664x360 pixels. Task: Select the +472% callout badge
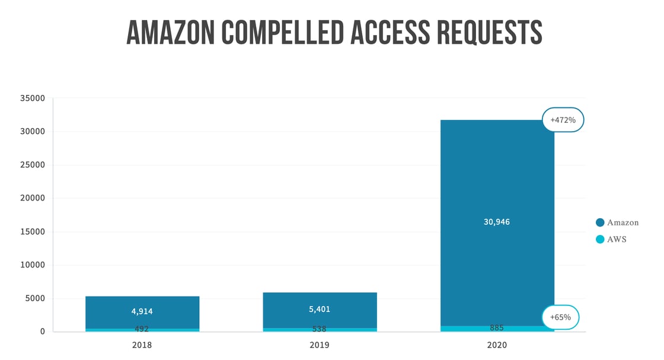(563, 120)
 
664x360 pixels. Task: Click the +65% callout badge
(560, 317)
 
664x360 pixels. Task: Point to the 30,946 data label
(497, 222)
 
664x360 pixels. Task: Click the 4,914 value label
(142, 311)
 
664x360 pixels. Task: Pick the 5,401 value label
(320, 309)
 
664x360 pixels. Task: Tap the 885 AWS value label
(497, 328)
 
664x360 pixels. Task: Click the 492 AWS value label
(142, 329)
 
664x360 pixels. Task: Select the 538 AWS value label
(320, 329)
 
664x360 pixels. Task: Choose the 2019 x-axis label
(319, 345)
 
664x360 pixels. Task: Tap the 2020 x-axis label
(497, 345)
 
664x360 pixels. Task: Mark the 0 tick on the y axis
(43, 332)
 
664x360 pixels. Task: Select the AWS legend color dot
(600, 240)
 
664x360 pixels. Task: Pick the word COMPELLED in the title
(282, 33)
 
